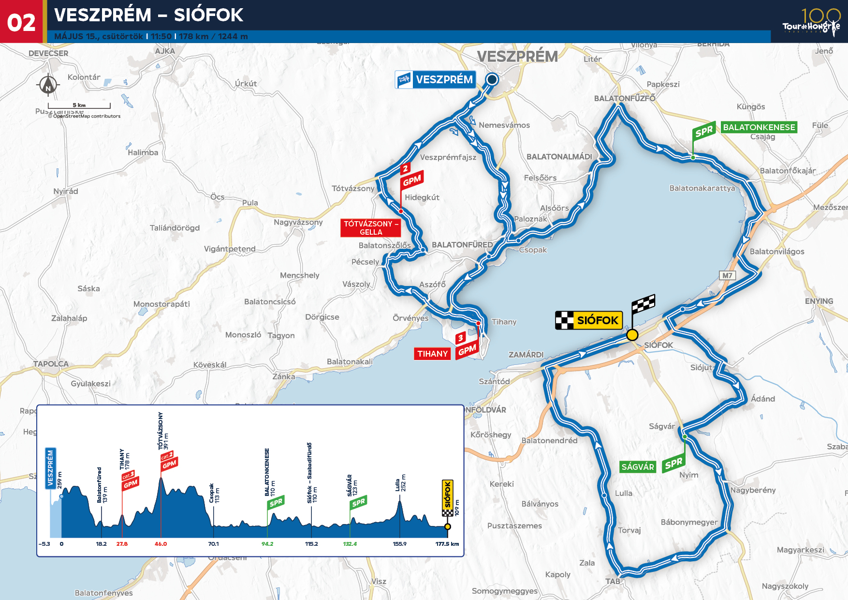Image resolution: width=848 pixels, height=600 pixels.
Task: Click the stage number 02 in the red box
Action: (21, 23)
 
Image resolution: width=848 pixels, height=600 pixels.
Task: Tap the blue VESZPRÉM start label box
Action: (436, 79)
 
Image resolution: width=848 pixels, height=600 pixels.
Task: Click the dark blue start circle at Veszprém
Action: (492, 79)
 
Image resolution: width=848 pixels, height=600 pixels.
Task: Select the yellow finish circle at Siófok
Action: (632, 335)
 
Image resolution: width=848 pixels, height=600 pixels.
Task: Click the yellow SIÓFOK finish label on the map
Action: (589, 320)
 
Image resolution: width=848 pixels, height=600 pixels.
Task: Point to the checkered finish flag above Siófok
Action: (643, 304)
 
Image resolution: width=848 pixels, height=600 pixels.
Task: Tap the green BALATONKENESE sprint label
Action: (759, 127)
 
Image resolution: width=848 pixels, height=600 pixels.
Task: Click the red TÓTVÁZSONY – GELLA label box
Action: (371, 228)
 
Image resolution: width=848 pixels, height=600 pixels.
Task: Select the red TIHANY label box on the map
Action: (432, 354)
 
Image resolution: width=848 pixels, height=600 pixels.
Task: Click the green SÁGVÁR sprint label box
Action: (638, 467)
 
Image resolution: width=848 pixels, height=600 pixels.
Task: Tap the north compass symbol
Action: (48, 86)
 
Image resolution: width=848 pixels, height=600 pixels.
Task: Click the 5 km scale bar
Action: (79, 106)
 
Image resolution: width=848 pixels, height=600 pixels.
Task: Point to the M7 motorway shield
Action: (727, 275)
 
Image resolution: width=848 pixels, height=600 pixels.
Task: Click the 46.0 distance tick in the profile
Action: (161, 544)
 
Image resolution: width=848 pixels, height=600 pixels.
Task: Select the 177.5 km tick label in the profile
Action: (447, 544)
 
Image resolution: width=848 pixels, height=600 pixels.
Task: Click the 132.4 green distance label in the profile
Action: (350, 544)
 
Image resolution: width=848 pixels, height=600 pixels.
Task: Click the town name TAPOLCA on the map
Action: (51, 364)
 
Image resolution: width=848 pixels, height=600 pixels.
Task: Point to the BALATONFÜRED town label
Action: (462, 245)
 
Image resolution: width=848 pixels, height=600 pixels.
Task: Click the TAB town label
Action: (613, 581)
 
